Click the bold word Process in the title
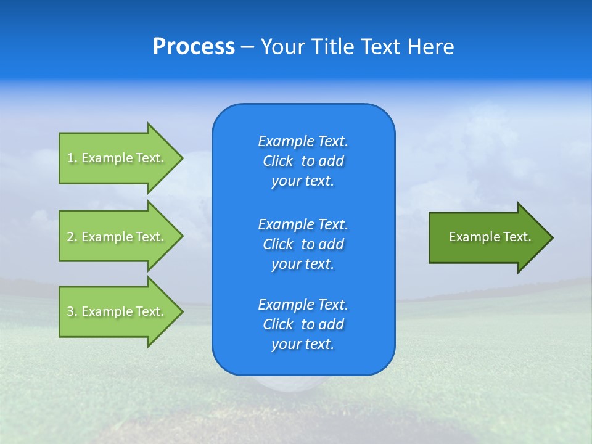tap(194, 47)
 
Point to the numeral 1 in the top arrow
tap(70, 158)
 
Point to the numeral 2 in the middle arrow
tap(70, 237)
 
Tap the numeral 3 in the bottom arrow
tap(70, 311)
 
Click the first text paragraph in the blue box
tap(303, 161)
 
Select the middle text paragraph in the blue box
tap(303, 244)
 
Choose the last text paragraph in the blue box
tap(303, 324)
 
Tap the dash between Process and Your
tap(247, 47)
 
